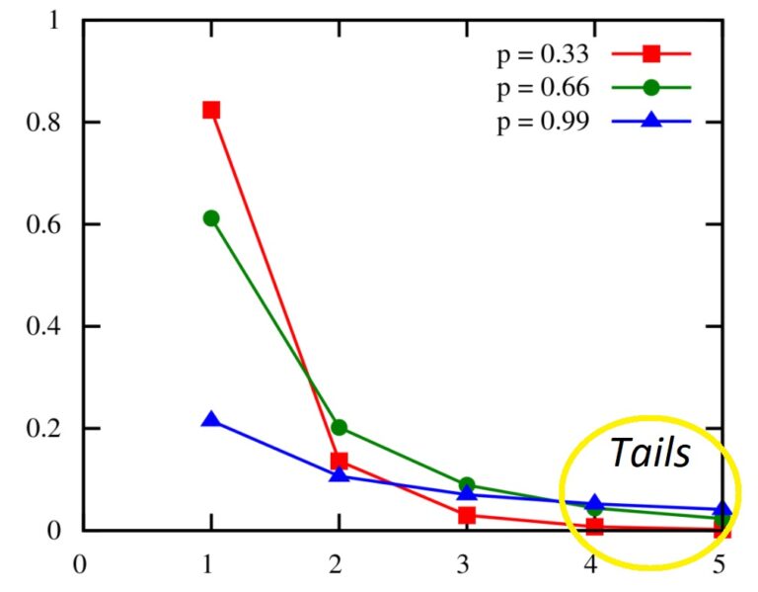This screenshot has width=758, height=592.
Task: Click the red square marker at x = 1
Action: click(x=211, y=110)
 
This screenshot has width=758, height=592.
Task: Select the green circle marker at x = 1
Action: click(x=211, y=218)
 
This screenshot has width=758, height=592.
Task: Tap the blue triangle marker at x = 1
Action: click(x=211, y=420)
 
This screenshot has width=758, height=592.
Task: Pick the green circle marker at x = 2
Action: click(x=340, y=428)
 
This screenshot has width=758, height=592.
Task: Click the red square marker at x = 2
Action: click(x=340, y=461)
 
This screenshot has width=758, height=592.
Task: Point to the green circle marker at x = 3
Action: click(x=467, y=485)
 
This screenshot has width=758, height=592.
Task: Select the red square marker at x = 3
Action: click(x=467, y=515)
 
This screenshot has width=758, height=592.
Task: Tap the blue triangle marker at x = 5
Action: click(x=722, y=510)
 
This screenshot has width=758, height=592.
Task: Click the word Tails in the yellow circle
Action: click(x=648, y=453)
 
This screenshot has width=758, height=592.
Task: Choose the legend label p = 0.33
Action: click(x=542, y=53)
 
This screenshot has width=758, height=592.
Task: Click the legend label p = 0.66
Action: click(x=542, y=87)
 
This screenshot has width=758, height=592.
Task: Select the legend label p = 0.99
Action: click(x=542, y=121)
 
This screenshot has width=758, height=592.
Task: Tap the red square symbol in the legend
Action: click(x=650, y=53)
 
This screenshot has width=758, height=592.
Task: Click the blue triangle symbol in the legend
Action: click(x=650, y=120)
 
